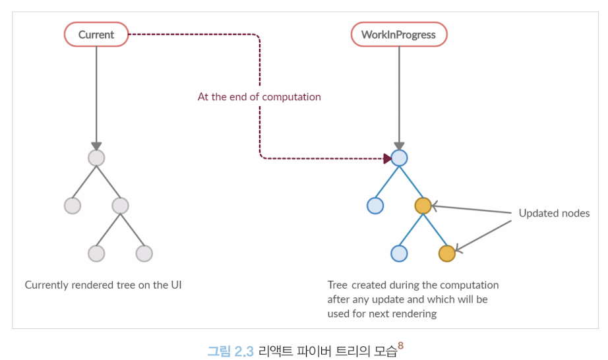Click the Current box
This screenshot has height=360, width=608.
tap(96, 34)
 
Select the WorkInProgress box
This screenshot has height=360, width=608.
tap(398, 34)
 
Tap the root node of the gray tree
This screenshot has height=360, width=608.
tap(96, 158)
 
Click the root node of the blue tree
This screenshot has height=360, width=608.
tap(399, 158)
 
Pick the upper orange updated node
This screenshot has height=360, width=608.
tap(423, 206)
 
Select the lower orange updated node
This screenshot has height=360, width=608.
tap(446, 253)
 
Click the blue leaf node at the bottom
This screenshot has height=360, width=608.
tap(399, 253)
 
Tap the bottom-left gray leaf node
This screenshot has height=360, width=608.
tap(96, 253)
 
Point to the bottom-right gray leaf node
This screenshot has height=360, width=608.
tap(144, 253)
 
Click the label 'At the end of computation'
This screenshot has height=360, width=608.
tap(259, 97)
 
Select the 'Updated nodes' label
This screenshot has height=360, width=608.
tap(554, 213)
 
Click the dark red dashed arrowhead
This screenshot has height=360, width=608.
tap(386, 158)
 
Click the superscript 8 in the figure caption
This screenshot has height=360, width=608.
tap(400, 344)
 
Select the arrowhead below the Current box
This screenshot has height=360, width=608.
tap(96, 146)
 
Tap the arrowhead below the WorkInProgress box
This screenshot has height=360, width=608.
tap(399, 146)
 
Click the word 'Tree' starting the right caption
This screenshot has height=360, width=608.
tap(338, 285)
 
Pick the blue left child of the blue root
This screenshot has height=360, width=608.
tap(375, 206)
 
